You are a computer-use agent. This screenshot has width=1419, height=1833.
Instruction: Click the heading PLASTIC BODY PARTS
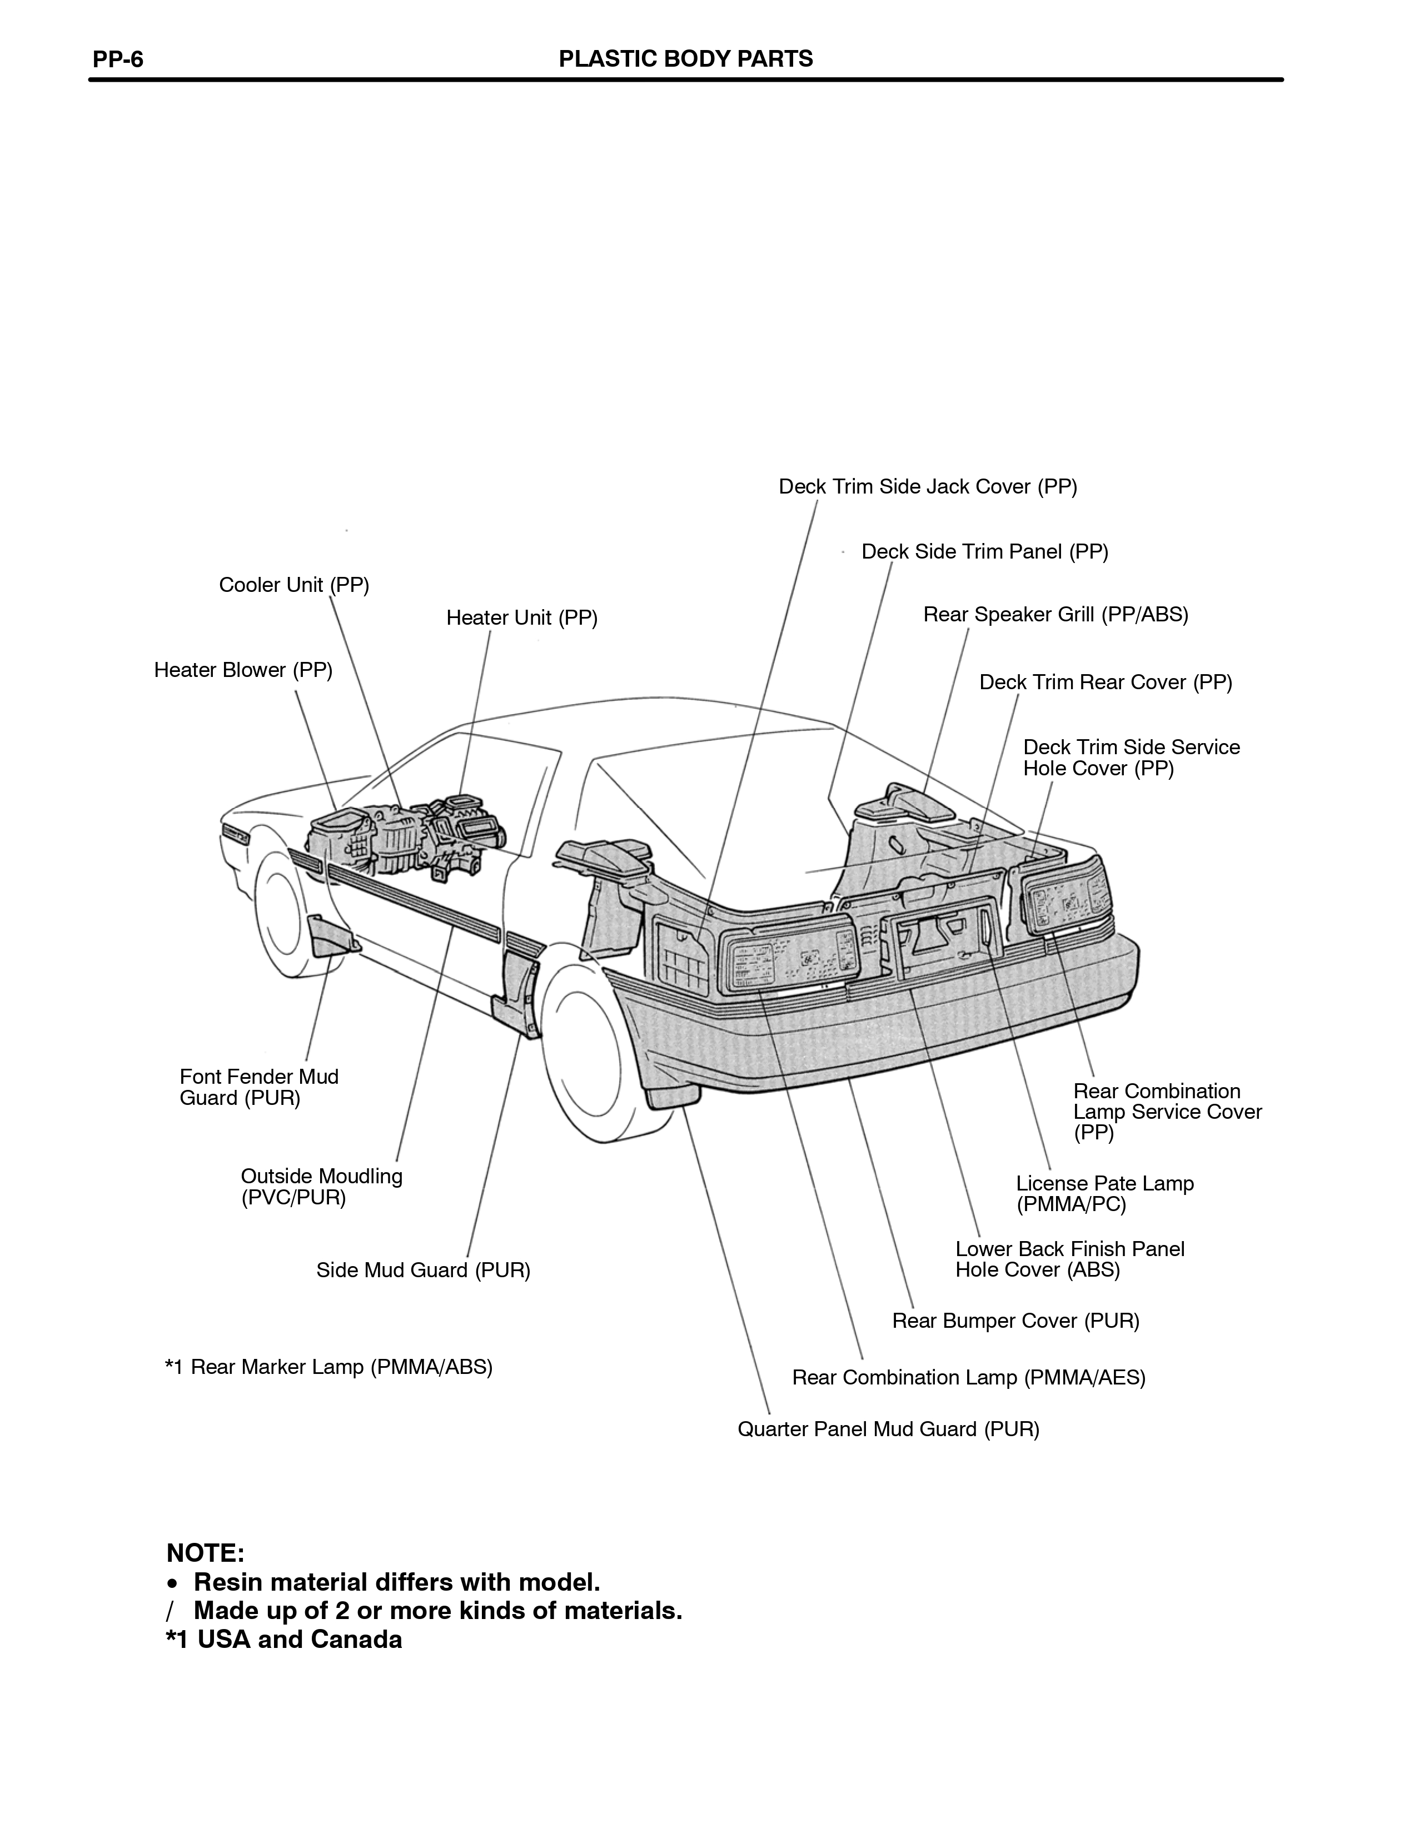[685, 59]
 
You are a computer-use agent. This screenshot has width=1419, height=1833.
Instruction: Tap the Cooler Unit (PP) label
[293, 585]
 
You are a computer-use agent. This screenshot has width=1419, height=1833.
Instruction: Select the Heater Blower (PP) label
[243, 670]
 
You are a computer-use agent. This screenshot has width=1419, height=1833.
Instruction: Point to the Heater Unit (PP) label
[522, 617]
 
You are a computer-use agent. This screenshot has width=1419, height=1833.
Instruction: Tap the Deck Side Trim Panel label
[985, 551]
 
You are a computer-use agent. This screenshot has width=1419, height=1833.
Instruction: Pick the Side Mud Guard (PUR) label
[423, 1270]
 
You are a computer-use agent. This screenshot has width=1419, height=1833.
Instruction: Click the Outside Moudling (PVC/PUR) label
[321, 1187]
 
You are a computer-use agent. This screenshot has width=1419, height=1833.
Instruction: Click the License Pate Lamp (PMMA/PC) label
[1104, 1193]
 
